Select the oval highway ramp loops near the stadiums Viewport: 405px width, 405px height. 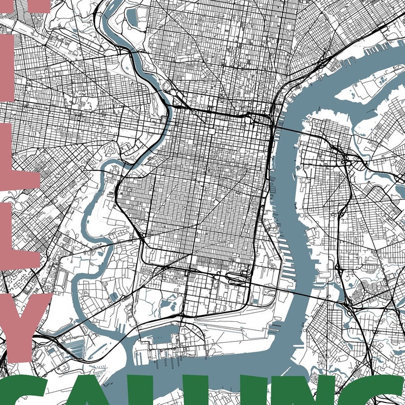click(x=236, y=278)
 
